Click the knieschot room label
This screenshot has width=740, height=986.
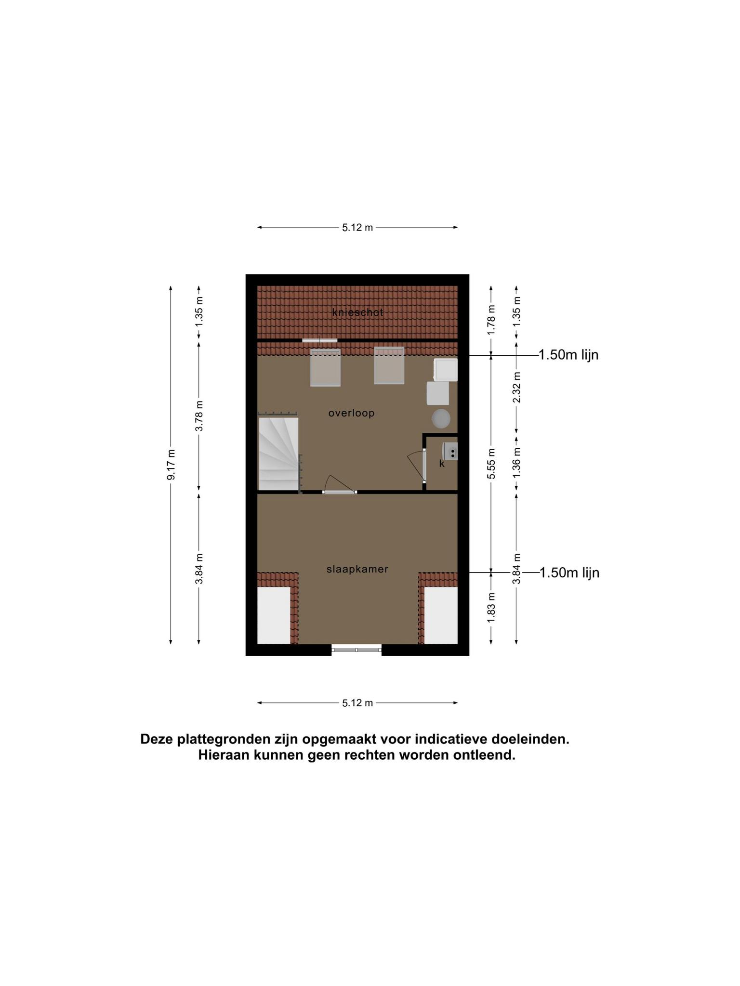[357, 312]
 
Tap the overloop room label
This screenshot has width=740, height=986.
[351, 413]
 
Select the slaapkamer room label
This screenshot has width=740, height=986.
[357, 569]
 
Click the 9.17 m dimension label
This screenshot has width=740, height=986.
[171, 465]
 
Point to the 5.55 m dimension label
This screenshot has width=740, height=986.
[491, 464]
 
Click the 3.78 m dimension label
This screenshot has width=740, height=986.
[199, 416]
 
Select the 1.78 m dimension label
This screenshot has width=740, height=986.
[491, 320]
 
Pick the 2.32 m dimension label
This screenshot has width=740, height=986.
[516, 388]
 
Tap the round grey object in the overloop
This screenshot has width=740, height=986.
[441, 418]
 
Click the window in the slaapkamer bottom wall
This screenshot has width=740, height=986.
[357, 649]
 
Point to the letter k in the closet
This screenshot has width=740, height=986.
[442, 464]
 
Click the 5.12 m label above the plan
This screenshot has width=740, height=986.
[357, 228]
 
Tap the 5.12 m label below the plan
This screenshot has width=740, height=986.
[357, 703]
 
